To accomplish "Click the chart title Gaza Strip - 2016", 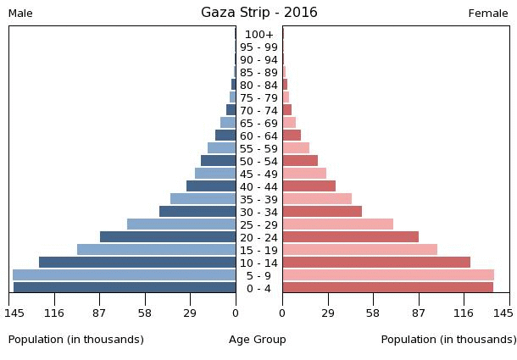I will [x=258, y=13].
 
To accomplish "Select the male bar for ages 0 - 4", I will [x=125, y=288].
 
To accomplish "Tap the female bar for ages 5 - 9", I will [x=388, y=275].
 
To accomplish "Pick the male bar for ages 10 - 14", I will [x=137, y=263].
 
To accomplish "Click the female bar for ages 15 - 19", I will [x=359, y=250].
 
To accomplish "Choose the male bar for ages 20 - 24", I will [x=168, y=237].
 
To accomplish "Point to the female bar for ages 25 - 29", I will [x=337, y=224].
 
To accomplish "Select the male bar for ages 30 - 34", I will [x=197, y=212].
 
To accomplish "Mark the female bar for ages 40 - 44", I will [x=309, y=186].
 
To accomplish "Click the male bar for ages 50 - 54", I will [x=218, y=161].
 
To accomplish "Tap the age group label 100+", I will [x=258, y=34].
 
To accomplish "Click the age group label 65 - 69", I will [x=258, y=123].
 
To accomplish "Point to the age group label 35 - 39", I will [x=258, y=199].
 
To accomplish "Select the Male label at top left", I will [x=20, y=14].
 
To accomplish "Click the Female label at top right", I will [x=488, y=14].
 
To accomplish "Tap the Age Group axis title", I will [x=258, y=340].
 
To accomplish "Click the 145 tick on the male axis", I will [x=14, y=313].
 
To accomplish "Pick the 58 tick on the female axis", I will [x=373, y=313].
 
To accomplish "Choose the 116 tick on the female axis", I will [x=464, y=313].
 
